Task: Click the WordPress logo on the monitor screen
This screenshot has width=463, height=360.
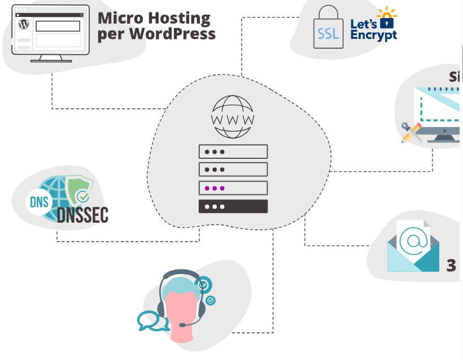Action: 24,24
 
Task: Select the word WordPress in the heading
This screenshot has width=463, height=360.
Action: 172,33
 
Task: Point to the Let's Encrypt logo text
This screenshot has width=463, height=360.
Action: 374,30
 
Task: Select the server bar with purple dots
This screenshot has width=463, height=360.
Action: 233,188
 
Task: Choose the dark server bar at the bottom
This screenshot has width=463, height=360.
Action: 233,206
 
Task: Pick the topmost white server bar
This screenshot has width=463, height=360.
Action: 233,151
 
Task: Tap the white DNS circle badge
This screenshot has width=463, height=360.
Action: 40,202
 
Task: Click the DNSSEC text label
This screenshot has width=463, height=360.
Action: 82,215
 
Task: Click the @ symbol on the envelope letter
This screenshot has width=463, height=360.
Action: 412,240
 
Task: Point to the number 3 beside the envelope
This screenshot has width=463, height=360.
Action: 451,265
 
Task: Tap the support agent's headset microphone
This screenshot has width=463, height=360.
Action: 184,325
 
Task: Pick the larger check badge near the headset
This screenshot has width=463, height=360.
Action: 204,284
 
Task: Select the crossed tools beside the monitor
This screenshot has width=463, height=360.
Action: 411,132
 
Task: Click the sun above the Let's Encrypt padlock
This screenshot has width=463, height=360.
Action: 387,13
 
